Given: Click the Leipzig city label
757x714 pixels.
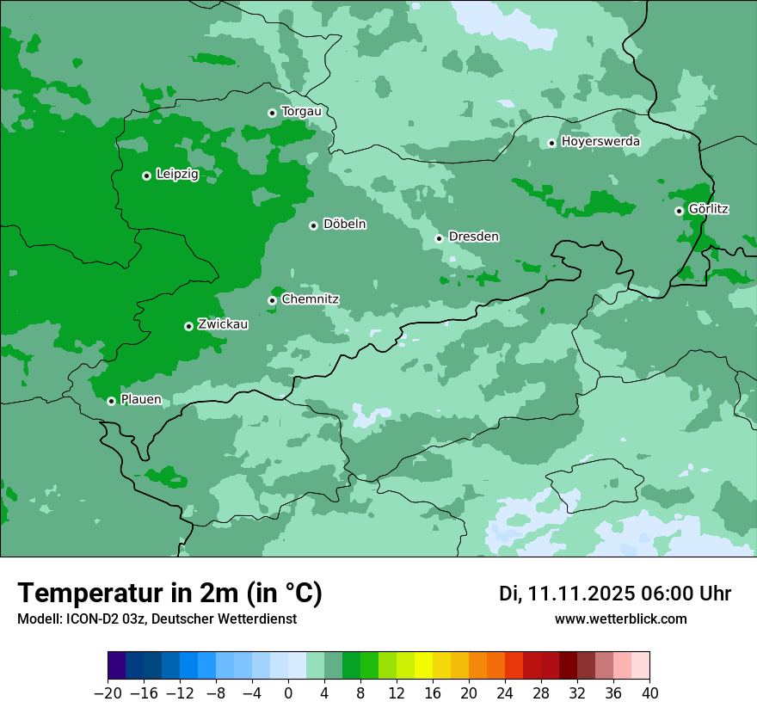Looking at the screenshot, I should (x=177, y=174).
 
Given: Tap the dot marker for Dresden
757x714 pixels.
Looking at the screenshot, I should (x=439, y=238).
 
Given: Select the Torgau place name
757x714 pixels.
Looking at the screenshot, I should (x=301, y=112).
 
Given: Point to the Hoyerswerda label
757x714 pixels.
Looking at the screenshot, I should (x=600, y=141).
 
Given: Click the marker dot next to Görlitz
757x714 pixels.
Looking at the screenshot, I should (x=679, y=211).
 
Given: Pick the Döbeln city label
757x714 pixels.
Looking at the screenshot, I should (x=344, y=225).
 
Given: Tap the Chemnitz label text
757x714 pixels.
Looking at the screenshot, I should (x=310, y=299).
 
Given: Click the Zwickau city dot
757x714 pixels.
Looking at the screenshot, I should (x=188, y=326).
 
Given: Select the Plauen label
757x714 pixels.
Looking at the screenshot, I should (x=141, y=399).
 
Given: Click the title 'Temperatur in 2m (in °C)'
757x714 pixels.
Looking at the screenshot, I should (x=169, y=593).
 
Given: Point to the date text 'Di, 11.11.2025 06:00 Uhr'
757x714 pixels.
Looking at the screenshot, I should (x=615, y=594).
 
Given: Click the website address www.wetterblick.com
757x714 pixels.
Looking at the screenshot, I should (x=620, y=619).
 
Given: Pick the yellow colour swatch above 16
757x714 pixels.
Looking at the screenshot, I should (x=423, y=666).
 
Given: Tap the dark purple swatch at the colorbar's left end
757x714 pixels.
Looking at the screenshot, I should (x=117, y=666).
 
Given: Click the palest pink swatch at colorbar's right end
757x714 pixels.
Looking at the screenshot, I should (x=641, y=666).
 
